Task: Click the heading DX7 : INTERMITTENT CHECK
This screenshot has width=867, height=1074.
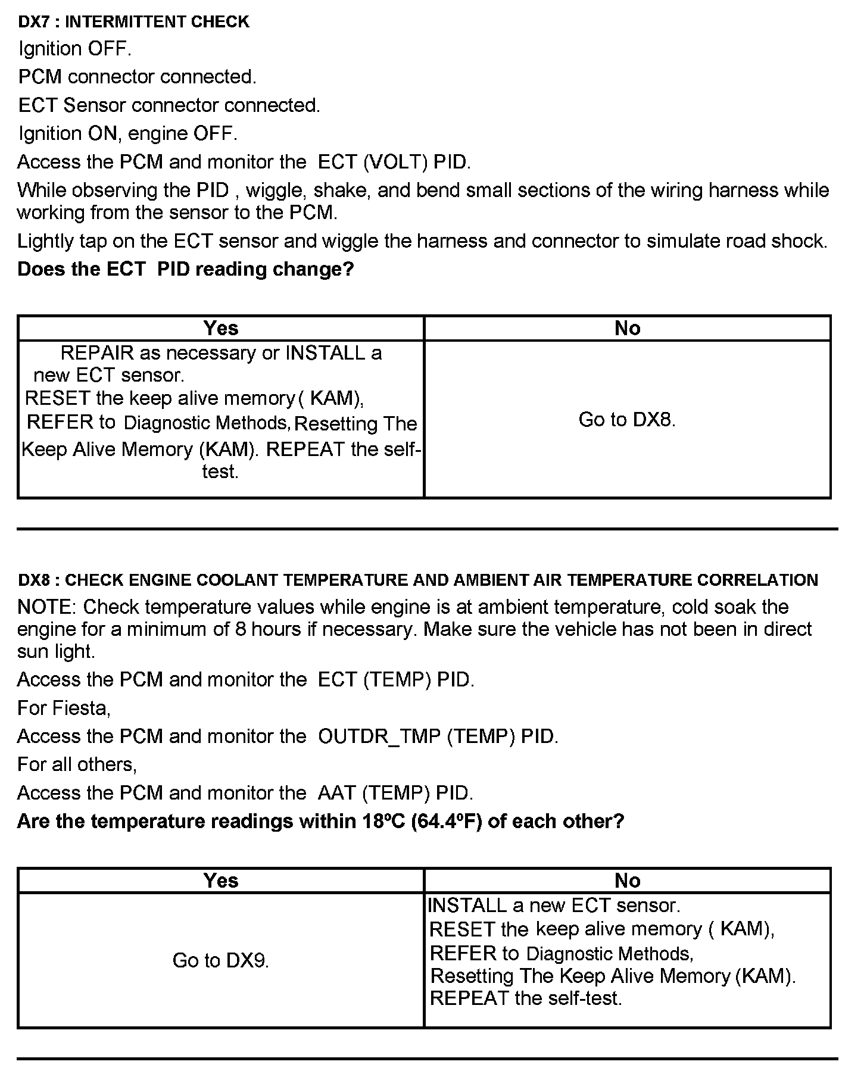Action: (133, 22)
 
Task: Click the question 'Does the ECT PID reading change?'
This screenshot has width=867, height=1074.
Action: (185, 269)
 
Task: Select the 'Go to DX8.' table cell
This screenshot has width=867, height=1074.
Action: (626, 420)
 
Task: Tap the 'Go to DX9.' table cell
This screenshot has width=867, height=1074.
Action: (220, 960)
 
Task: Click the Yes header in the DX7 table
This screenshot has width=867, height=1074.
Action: (220, 328)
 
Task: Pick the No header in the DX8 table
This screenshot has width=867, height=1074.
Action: (627, 881)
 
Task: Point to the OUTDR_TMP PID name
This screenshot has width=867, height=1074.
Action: (379, 736)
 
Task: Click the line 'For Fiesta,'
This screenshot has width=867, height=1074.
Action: (64, 708)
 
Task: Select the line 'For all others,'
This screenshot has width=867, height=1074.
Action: (77, 764)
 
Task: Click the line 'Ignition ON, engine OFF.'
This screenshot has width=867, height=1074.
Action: (127, 133)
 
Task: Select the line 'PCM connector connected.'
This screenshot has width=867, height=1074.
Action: (137, 77)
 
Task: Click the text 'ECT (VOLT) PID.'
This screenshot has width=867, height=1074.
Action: (394, 162)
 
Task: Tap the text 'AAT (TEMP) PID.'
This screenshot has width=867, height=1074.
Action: (395, 793)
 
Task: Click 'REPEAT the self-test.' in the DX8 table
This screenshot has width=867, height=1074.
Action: (526, 998)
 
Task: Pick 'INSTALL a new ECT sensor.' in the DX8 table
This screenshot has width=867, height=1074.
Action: (554, 906)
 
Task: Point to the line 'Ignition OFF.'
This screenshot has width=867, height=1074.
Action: (74, 49)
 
